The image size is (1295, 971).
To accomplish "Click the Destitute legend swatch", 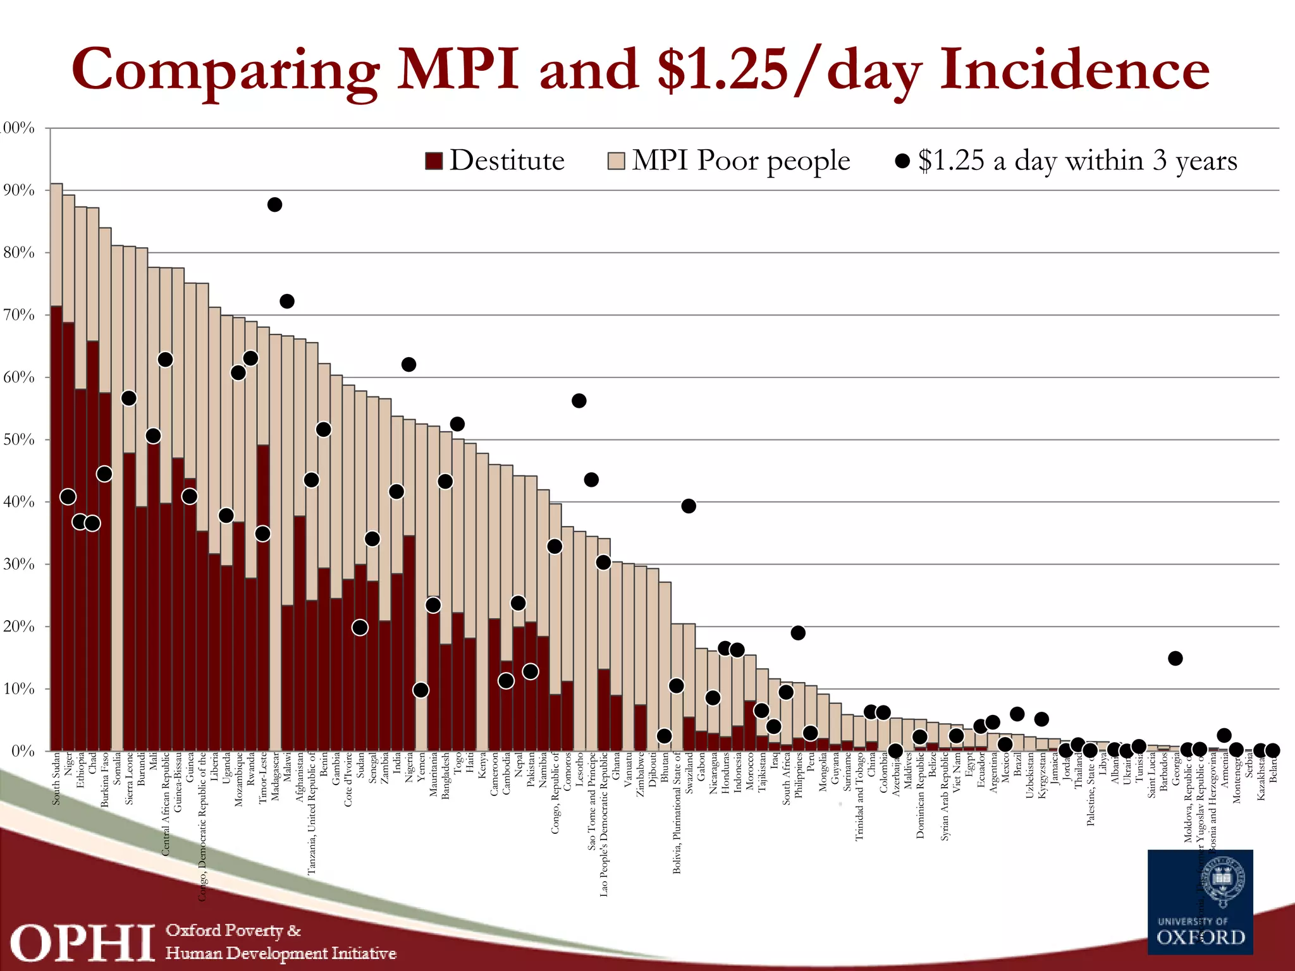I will tap(434, 161).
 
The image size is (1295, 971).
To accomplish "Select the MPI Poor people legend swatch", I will tap(616, 161).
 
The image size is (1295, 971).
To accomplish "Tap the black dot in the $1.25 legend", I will tap(902, 161).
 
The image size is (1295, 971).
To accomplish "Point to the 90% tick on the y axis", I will tap(19, 190).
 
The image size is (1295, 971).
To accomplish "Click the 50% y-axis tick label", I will tap(19, 439).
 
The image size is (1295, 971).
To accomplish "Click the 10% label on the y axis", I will tap(19, 688).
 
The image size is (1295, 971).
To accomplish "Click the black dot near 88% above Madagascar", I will tap(274, 205).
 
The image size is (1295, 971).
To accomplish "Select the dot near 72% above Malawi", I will tap(287, 302).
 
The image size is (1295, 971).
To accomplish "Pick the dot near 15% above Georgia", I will tap(1175, 659).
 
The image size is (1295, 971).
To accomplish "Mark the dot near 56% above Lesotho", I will tap(579, 401).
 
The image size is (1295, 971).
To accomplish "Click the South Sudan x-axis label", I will tap(56, 778).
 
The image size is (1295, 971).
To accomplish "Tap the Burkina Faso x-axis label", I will tap(105, 779).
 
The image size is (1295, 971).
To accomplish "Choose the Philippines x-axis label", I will tap(799, 775).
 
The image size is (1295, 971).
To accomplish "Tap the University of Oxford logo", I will tap(1200, 902).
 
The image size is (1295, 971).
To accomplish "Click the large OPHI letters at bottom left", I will tap(82, 943).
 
